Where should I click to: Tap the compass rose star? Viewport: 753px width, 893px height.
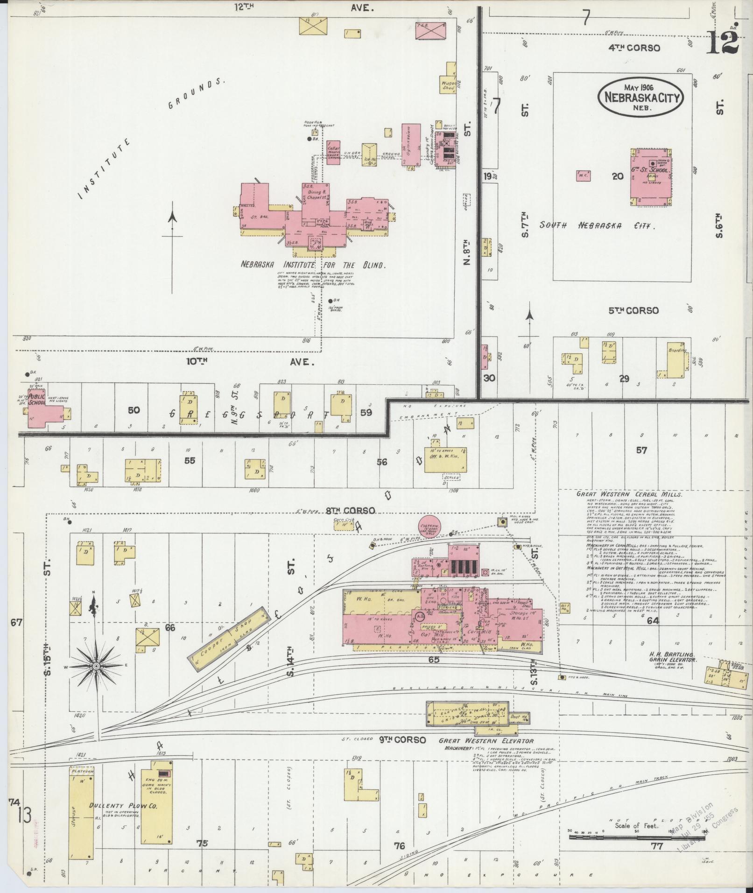coord(96,666)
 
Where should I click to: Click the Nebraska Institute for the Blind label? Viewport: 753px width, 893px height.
coord(313,265)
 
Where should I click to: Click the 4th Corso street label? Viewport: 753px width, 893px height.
coord(634,48)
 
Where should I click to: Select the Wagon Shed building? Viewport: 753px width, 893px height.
coord(448,84)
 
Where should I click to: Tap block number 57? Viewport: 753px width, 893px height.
coord(641,450)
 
